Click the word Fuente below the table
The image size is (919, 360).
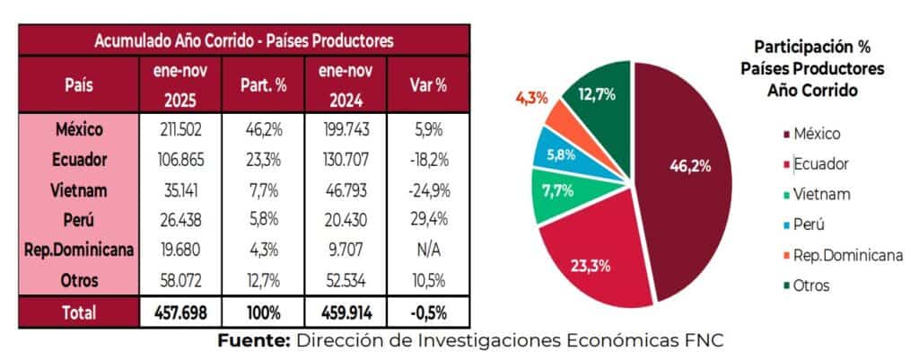(x=252, y=340)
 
